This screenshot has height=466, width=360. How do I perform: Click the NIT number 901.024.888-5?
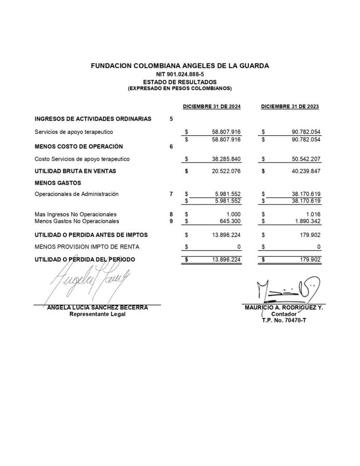(x=180, y=74)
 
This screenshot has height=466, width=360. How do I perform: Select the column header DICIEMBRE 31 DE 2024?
(x=212, y=106)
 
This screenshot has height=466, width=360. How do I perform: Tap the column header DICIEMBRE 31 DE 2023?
(x=290, y=106)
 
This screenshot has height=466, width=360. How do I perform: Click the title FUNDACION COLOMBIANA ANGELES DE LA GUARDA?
(x=180, y=66)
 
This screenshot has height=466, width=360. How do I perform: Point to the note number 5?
(x=171, y=119)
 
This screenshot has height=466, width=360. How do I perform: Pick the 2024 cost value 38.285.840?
(x=226, y=159)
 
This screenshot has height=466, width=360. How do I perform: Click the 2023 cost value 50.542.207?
(x=306, y=159)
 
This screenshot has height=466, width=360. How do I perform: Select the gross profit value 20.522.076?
(x=226, y=171)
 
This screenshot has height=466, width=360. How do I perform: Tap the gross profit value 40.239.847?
(x=306, y=171)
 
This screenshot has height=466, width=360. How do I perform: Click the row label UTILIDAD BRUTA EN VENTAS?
(x=75, y=171)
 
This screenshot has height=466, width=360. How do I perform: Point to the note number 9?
(x=171, y=221)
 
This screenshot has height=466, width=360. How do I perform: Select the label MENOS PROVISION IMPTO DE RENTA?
(x=87, y=247)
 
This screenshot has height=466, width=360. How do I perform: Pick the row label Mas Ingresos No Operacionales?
(x=76, y=214)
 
